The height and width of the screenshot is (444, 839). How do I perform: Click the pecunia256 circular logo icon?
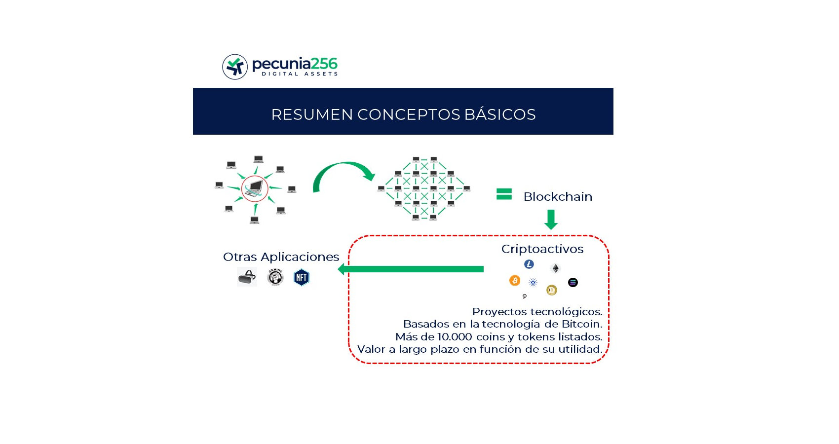coord(235,67)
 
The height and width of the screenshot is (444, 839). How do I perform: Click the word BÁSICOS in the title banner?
coord(500,114)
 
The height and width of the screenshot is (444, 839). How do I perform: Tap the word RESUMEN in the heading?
coord(312,114)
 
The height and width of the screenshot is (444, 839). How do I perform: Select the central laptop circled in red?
coord(255,188)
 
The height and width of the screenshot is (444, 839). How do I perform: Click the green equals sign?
coord(504,194)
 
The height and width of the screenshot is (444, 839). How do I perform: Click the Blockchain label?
coord(558,196)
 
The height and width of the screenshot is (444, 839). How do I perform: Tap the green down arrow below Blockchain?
coord(551,220)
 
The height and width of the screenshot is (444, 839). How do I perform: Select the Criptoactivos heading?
coord(542,249)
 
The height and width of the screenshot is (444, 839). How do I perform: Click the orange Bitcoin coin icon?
coord(515,280)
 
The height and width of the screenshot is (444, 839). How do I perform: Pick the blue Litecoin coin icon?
coord(529,264)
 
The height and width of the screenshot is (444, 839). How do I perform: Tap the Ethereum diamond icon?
coord(555,268)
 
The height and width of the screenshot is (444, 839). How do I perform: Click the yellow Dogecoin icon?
coord(551,290)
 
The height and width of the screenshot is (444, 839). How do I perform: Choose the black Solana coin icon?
coord(572,282)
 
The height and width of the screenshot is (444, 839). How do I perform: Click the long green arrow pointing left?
coord(411,269)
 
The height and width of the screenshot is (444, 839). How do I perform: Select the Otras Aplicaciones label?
coord(281,257)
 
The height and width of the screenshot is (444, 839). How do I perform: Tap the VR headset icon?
coord(247,277)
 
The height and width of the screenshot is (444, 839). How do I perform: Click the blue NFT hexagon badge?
coord(302,277)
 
